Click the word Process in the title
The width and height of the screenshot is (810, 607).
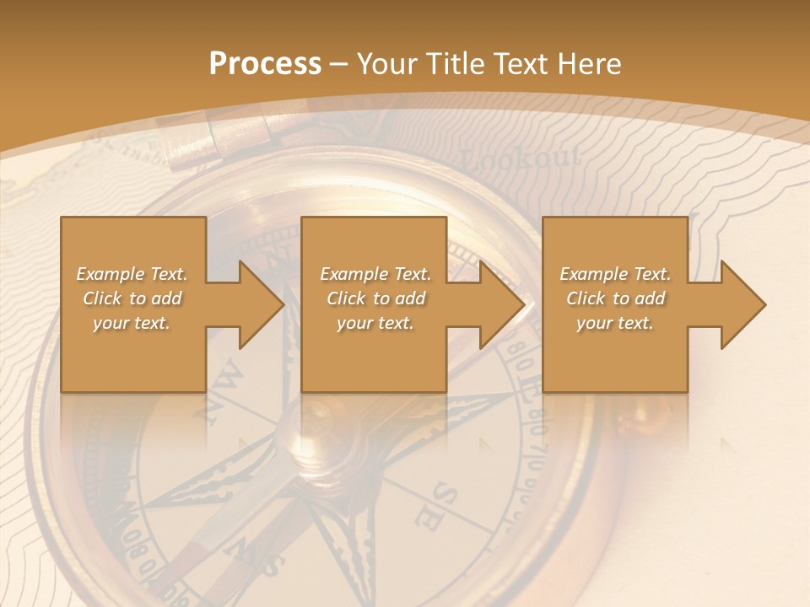(x=265, y=64)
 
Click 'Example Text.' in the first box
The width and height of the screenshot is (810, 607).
(x=132, y=274)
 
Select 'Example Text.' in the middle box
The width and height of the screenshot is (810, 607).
(x=375, y=274)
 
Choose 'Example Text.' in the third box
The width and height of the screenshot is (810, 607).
(x=615, y=274)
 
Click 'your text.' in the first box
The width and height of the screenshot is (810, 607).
(x=132, y=323)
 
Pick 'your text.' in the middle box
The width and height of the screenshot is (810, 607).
(x=375, y=323)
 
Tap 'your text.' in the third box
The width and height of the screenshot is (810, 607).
(x=615, y=323)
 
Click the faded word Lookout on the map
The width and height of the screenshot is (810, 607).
(x=521, y=158)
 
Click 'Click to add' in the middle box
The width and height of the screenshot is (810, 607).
(x=375, y=298)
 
